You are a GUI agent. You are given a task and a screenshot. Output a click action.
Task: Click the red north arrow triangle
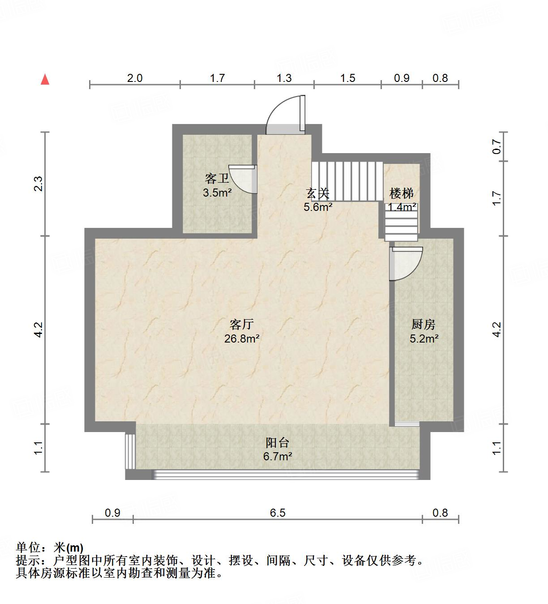click(x=45, y=80)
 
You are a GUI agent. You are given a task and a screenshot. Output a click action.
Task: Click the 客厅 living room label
click(x=242, y=324)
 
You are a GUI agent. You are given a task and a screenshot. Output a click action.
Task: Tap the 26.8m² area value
click(x=242, y=338)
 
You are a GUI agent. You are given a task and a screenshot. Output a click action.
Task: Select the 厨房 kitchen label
click(x=423, y=324)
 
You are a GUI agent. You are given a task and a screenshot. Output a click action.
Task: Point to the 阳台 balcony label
click(x=278, y=443)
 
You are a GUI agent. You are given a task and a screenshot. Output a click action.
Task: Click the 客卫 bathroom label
click(x=217, y=179)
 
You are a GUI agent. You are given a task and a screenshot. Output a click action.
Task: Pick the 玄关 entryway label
click(x=318, y=193)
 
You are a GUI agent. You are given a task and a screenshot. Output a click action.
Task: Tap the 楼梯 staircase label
click(x=402, y=193)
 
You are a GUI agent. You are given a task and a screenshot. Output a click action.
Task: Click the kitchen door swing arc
click(x=407, y=264)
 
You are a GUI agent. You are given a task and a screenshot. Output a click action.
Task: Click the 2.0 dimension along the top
click(x=134, y=78)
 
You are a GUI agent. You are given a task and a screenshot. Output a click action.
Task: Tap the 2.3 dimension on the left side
click(x=39, y=184)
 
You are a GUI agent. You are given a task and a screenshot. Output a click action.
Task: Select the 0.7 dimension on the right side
click(x=496, y=146)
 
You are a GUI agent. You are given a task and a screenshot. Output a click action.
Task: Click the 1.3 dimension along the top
click(x=284, y=78)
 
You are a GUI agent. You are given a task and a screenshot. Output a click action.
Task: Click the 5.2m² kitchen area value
click(x=424, y=338)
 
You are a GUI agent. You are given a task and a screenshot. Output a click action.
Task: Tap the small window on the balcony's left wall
click(x=130, y=451)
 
